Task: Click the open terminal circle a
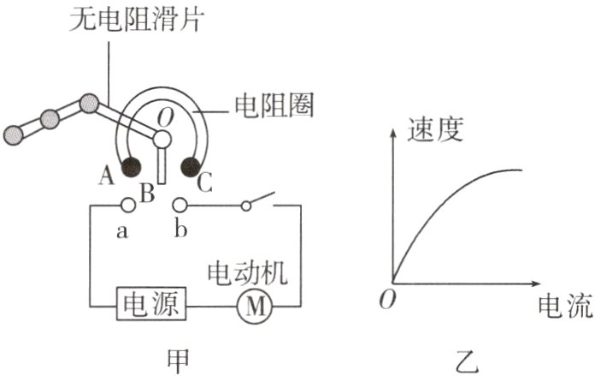tap(127, 205)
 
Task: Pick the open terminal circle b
tap(179, 205)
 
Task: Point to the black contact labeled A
tap(131, 166)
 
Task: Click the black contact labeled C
tap(189, 166)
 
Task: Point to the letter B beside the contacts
tap(146, 194)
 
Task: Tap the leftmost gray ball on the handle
tap(15, 134)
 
